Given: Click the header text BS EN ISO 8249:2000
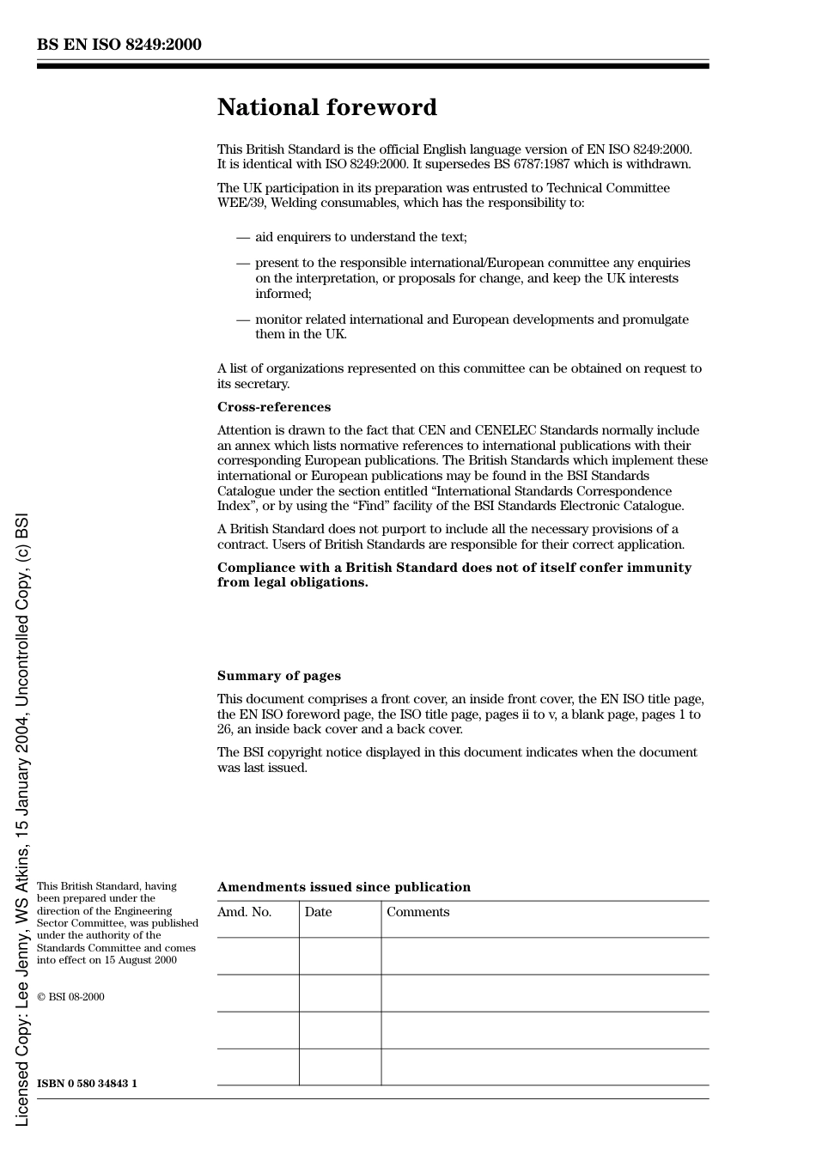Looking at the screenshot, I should click(119, 45).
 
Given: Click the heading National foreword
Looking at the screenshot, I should click(326, 107).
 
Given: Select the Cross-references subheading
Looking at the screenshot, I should click(273, 407).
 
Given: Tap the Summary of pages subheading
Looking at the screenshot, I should click(278, 676).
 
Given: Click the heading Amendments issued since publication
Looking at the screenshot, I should click(344, 887).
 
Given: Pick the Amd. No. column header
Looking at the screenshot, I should click(244, 912).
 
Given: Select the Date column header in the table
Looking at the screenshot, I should click(318, 912).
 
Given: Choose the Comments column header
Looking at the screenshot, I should click(417, 912).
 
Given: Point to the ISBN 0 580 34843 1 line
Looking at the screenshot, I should click(87, 1084).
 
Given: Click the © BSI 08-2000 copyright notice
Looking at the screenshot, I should click(70, 997).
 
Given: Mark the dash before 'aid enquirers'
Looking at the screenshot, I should click(243, 237).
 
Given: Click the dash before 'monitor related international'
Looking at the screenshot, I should click(243, 319).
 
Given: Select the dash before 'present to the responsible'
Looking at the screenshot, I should click(243, 263).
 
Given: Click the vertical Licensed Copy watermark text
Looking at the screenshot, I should click(22, 820).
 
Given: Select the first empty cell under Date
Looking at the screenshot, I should click(340, 956).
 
